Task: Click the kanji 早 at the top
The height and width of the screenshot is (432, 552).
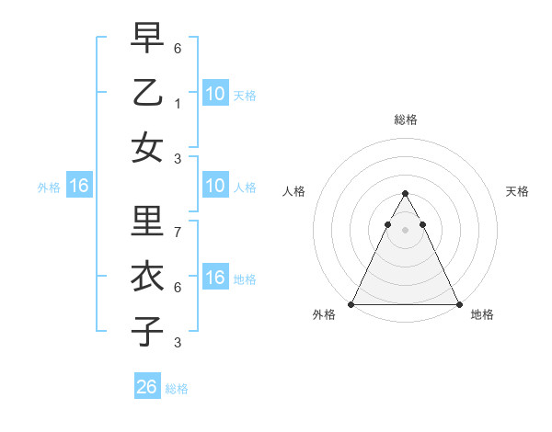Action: (x=147, y=39)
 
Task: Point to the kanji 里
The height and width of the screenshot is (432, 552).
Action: (x=147, y=222)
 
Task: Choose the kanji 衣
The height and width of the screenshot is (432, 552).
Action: (x=147, y=277)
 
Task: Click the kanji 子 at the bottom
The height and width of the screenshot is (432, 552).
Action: (x=147, y=330)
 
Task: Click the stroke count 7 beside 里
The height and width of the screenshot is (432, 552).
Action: (x=177, y=233)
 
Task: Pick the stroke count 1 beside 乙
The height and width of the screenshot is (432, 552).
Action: (x=177, y=103)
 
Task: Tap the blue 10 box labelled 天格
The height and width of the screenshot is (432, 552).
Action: (x=215, y=93)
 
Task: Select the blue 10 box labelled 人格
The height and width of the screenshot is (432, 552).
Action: (x=215, y=187)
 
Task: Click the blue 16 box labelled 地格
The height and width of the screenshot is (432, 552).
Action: (x=215, y=278)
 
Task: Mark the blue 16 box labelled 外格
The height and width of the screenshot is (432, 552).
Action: (x=78, y=187)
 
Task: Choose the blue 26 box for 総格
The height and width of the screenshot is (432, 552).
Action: (x=147, y=387)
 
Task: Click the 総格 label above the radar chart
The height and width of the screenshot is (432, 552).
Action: (x=406, y=119)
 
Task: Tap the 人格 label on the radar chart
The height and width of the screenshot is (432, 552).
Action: (x=294, y=191)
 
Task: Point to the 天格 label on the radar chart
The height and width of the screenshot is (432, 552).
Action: (x=517, y=191)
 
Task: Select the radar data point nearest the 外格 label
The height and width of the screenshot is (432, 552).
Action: (x=351, y=304)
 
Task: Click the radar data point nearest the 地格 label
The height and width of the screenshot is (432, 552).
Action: (x=459, y=304)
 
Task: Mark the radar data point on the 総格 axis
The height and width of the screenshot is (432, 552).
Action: (x=406, y=194)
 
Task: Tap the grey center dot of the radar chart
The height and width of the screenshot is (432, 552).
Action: (x=406, y=229)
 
